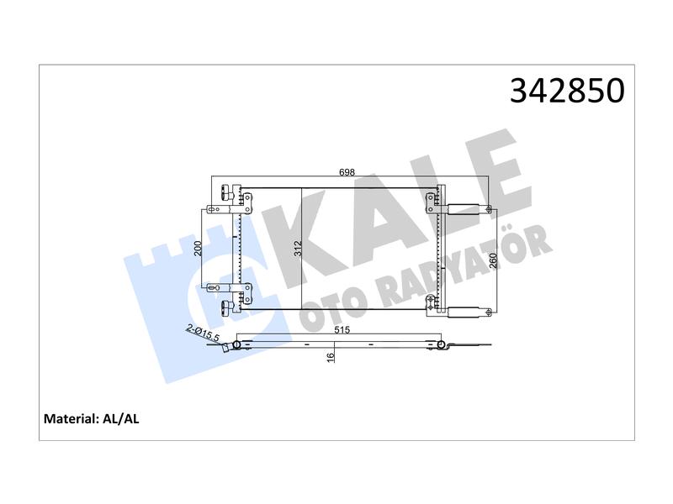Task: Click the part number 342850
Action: pos(567,91)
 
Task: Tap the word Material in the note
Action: pos(71,418)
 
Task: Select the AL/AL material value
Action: pos(120,418)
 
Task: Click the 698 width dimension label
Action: pos(347,172)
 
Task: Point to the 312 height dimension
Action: pos(298,249)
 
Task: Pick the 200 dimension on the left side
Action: pos(198,249)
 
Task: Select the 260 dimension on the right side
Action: pos(492,260)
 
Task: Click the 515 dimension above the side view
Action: pos(342,330)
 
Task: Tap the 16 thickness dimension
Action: pos(330,358)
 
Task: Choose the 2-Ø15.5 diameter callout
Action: pos(203,333)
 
